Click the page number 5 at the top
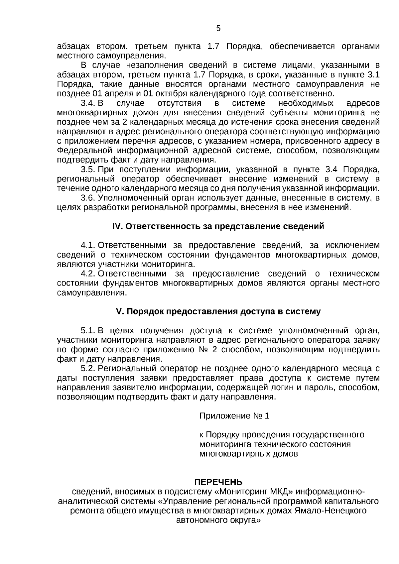coord(218,29)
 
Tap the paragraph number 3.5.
coord(88,170)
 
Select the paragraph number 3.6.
coord(88,198)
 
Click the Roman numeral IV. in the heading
coord(118,227)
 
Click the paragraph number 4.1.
coord(88,246)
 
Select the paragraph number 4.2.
coord(88,274)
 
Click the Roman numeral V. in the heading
coord(119,312)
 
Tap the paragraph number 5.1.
coord(88,331)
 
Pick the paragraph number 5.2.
coord(88,369)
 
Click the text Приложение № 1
coord(234,416)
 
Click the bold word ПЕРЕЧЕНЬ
coord(218,482)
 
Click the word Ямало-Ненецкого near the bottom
coord(331,510)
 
